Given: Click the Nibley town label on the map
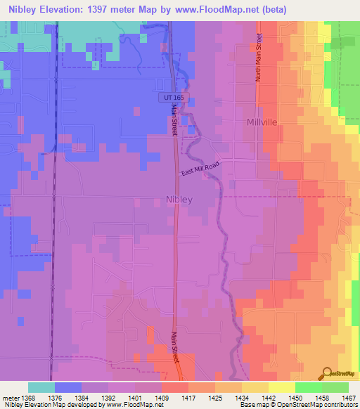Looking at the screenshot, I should tap(179, 200).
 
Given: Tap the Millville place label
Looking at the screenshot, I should tap(264, 122).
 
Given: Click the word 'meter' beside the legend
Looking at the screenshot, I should tap(9, 397).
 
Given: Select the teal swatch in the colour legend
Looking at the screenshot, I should tap(41, 387).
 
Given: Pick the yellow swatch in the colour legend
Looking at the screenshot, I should tap(281, 387).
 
